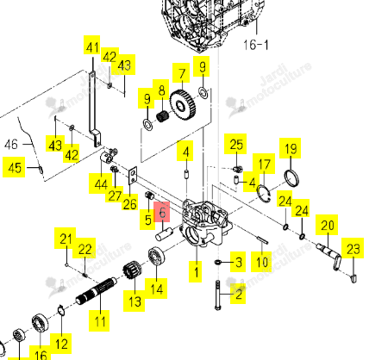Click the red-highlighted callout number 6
tap(162, 212)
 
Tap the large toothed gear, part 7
tap(183, 107)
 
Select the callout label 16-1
tap(256, 45)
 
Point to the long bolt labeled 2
tap(217, 295)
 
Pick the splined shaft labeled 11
tap(97, 290)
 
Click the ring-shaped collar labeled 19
tap(291, 178)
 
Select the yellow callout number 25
tap(236, 144)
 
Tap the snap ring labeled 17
tap(263, 194)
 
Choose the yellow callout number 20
tap(327, 225)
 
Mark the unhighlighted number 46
tap(11, 144)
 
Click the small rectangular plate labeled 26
tap(133, 176)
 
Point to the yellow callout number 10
tap(261, 262)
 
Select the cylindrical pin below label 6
tap(164, 233)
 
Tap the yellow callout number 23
tap(353, 248)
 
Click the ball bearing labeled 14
tap(156, 256)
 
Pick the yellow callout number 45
tap(14, 167)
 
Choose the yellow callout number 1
tap(196, 271)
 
